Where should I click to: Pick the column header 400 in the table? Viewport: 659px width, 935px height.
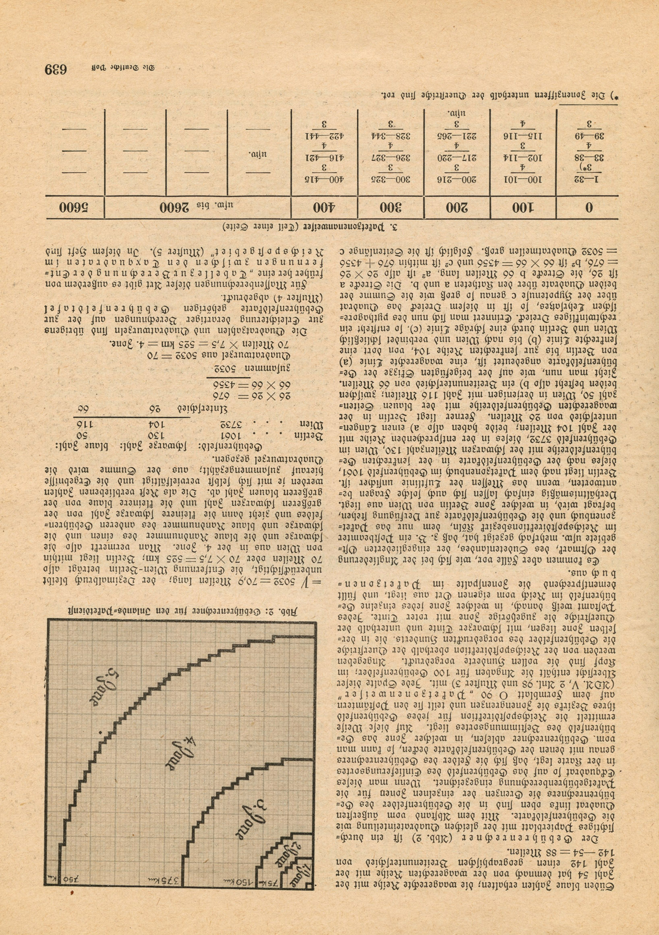(x=324, y=208)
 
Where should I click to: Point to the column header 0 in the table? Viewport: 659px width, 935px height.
(x=589, y=208)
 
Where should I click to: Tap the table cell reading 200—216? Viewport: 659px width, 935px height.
(x=457, y=180)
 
